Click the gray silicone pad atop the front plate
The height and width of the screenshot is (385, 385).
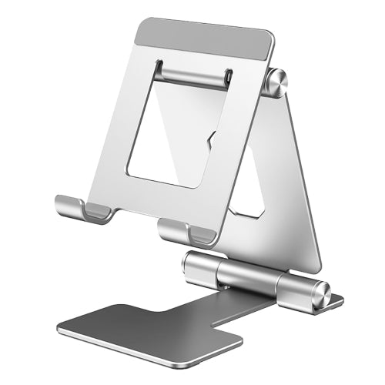[204, 38]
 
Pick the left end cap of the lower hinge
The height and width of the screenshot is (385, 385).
[192, 265]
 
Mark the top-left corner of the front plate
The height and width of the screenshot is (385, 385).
[139, 23]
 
